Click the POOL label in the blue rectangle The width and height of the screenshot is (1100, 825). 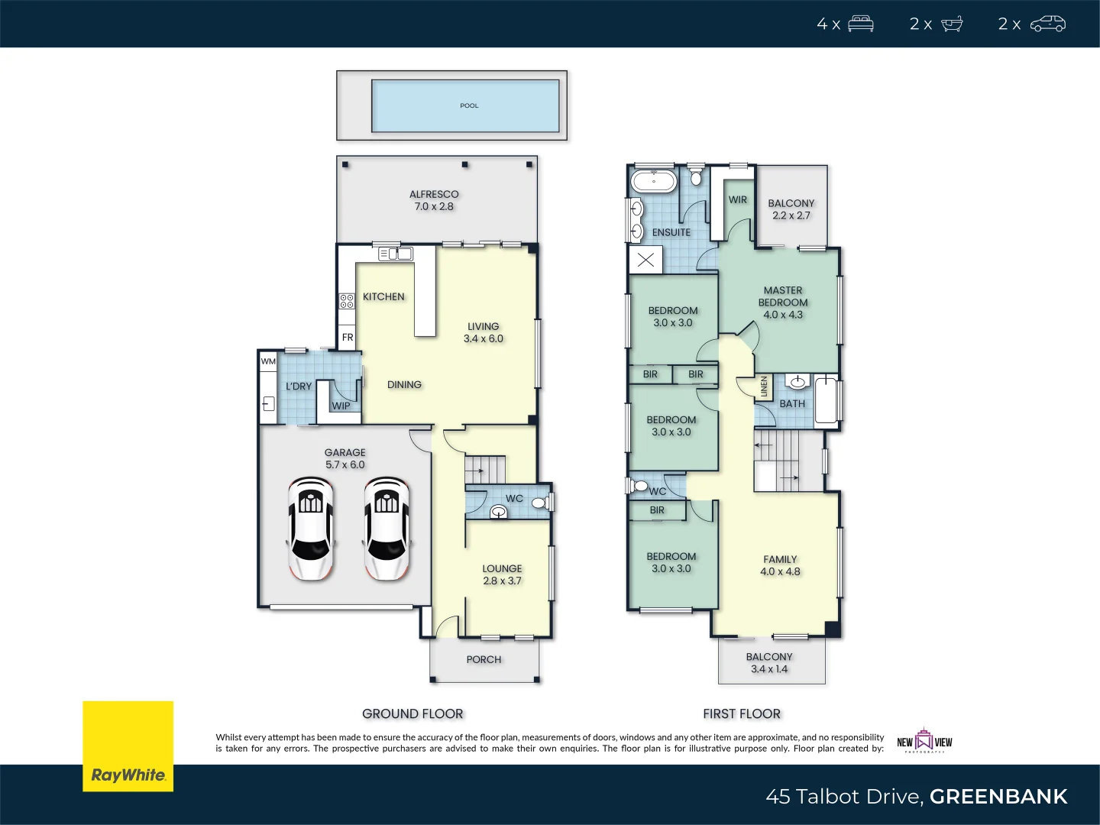point(469,106)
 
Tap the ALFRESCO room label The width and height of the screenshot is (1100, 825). point(434,195)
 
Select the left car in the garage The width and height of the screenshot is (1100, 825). point(311,529)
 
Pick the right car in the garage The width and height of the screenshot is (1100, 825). point(387,529)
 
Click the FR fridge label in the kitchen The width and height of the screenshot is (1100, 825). point(348,338)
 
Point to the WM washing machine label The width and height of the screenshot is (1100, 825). point(268,361)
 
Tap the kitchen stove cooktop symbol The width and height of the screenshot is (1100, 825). point(347,301)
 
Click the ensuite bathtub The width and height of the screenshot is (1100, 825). point(653,182)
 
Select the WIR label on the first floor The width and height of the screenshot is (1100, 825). point(738,200)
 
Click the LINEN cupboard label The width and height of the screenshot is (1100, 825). point(764,387)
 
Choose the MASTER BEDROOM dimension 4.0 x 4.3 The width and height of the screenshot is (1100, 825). point(783,315)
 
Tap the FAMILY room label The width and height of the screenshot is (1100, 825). point(780,560)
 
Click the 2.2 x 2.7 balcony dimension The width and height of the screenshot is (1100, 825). point(791,216)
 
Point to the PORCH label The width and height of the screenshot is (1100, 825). point(484,660)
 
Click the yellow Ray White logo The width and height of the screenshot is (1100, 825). point(128,746)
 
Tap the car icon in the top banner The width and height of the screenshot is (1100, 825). point(1047,24)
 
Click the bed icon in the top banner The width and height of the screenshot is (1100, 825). point(860,24)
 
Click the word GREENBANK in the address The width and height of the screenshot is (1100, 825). point(998,797)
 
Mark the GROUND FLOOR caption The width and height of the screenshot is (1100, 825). point(412,714)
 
